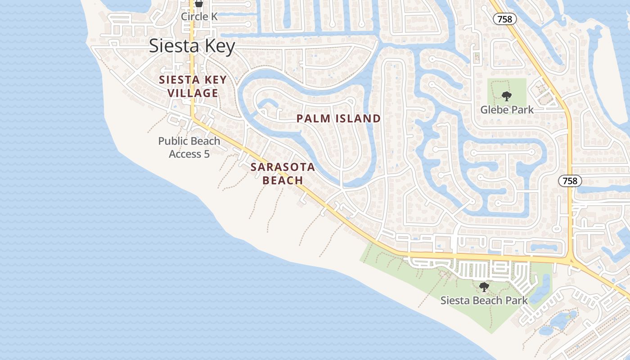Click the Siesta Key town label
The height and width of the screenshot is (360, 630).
coord(192,46)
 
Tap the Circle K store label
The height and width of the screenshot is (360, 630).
coord(199,17)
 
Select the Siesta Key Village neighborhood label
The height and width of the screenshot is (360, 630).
coord(193,86)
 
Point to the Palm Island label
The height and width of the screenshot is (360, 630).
coord(338,119)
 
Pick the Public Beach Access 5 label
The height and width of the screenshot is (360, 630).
coord(189,147)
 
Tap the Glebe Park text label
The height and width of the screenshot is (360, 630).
coord(507,110)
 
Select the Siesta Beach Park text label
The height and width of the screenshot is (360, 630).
coord(484,300)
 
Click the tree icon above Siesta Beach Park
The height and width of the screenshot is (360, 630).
coord(484,287)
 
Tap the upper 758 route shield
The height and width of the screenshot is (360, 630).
coord(505,19)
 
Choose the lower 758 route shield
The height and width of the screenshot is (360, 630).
coord(570,181)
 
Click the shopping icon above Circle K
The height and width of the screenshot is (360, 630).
coord(199,4)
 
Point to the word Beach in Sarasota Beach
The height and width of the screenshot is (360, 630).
coord(283,180)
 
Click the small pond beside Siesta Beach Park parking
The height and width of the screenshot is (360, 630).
coord(540,288)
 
